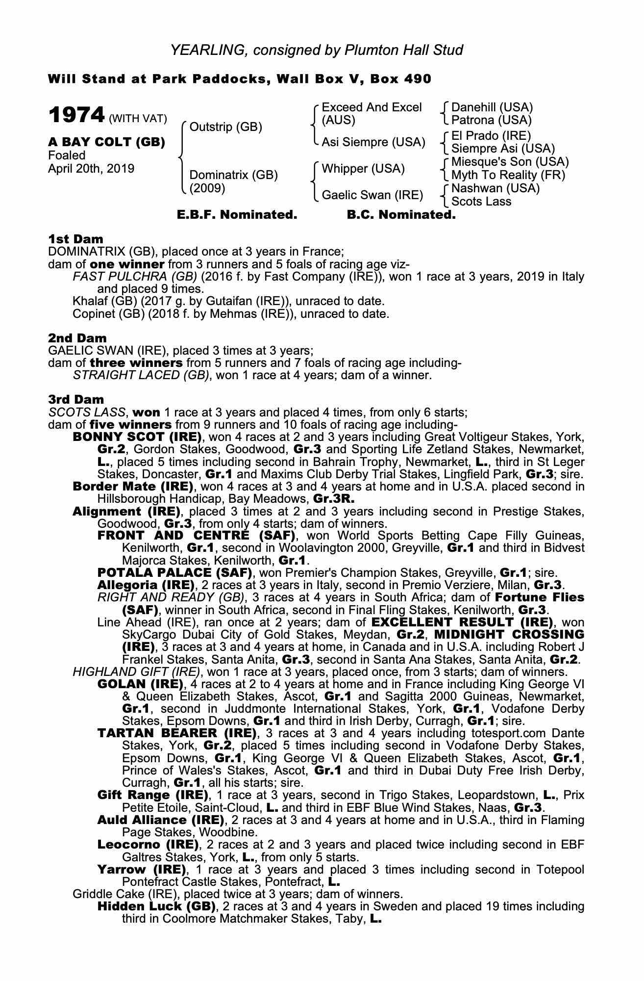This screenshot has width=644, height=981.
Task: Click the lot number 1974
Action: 76,116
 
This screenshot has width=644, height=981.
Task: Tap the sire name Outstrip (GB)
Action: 225,127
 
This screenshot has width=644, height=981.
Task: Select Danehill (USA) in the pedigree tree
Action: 492,107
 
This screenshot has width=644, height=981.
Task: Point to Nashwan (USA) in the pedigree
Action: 495,188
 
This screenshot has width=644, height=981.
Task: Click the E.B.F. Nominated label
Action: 237,215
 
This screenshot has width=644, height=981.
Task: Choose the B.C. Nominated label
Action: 401,215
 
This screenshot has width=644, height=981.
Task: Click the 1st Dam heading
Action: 75,239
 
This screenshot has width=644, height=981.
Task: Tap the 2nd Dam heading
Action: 77,338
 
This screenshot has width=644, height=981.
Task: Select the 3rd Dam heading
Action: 76,399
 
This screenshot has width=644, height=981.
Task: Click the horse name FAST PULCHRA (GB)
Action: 135,277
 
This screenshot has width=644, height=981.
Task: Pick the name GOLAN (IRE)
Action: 140,684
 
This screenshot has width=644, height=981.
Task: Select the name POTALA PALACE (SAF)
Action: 174,572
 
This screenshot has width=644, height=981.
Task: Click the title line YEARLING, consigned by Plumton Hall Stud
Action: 317,50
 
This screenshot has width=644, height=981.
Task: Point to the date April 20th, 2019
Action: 91,169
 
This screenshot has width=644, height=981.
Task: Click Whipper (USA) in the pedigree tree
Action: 363,169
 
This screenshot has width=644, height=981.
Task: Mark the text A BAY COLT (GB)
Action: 106,142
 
